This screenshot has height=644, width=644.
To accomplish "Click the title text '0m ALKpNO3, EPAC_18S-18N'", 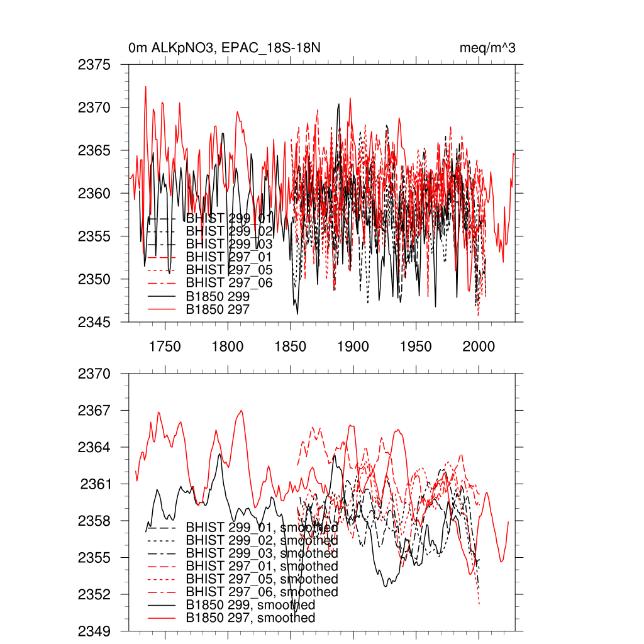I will pyautogui.click(x=225, y=48).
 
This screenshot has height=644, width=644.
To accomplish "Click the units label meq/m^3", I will pyautogui.click(x=487, y=48).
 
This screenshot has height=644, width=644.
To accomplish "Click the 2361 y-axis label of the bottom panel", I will pyautogui.click(x=94, y=484).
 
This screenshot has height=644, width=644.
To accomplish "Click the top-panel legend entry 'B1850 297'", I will pyautogui.click(x=218, y=309).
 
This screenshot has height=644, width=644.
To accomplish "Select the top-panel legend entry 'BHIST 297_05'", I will pyautogui.click(x=229, y=270).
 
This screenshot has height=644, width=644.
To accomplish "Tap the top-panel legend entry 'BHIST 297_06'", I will pyautogui.click(x=229, y=283).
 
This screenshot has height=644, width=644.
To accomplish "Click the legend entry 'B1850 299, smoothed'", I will pyautogui.click(x=250, y=605).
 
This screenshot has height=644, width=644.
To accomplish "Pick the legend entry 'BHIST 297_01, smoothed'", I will pyautogui.click(x=262, y=567).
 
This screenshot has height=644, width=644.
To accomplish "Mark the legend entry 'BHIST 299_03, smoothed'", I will pyautogui.click(x=262, y=553).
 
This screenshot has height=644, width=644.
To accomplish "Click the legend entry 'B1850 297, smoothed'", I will pyautogui.click(x=250, y=618).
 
